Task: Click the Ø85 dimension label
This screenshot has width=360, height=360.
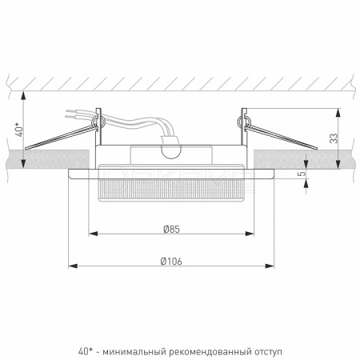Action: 171,229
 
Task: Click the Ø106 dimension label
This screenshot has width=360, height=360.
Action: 171,262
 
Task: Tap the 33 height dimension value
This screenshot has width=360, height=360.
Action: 334,138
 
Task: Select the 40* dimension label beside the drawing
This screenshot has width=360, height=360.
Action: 20,130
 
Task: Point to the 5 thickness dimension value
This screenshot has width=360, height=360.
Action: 302,174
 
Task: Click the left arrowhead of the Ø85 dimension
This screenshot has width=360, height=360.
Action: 93,234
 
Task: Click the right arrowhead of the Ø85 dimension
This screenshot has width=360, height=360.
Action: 250,234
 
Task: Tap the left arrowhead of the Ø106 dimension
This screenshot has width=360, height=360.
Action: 73,266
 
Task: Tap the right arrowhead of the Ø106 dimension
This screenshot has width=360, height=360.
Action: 270,266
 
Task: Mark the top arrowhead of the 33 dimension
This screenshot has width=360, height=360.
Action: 338,113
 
